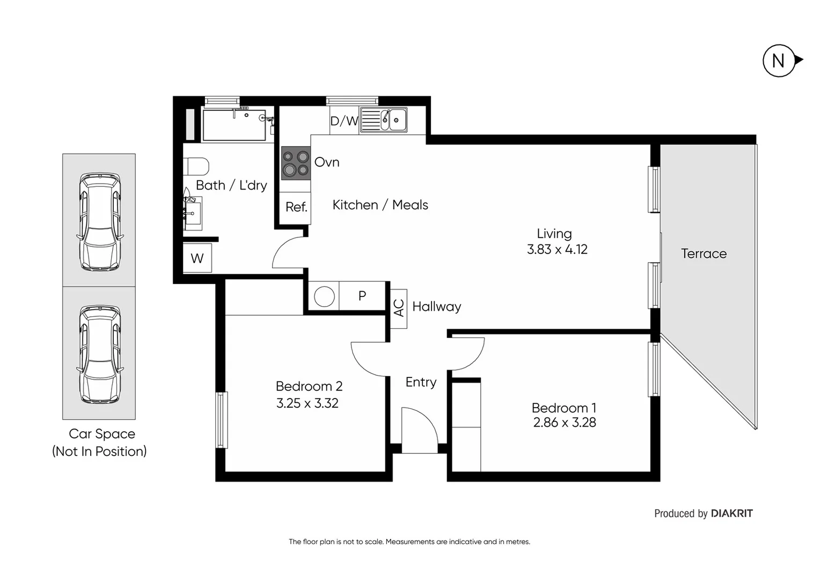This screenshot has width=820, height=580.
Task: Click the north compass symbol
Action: pyautogui.click(x=779, y=61)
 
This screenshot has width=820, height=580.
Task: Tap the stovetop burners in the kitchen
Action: pyautogui.click(x=296, y=163)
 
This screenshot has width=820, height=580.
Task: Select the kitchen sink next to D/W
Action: pyautogui.click(x=384, y=120)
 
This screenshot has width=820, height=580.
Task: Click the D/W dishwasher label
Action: pyautogui.click(x=344, y=121)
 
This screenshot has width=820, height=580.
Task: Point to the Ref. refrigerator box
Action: pyautogui.click(x=296, y=207)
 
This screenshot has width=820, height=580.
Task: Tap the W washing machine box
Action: pyautogui.click(x=197, y=258)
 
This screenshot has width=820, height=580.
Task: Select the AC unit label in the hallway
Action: pyautogui.click(x=399, y=308)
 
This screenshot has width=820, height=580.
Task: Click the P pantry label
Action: pyautogui.click(x=362, y=296)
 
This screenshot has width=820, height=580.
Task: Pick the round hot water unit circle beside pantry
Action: pyautogui.click(x=324, y=296)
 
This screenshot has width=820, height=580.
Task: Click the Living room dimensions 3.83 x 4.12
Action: pyautogui.click(x=557, y=250)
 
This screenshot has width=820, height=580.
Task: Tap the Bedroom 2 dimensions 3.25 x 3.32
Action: pyautogui.click(x=307, y=403)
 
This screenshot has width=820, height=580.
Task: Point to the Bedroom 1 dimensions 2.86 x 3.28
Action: pyautogui.click(x=565, y=423)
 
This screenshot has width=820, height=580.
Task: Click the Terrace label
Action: pyautogui.click(x=704, y=253)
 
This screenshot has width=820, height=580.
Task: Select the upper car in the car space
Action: pyautogui.click(x=99, y=221)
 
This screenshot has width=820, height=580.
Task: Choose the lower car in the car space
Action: pyautogui.click(x=99, y=354)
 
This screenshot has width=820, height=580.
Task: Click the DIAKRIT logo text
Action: pyautogui.click(x=731, y=513)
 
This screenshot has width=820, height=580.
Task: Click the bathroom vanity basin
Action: pyautogui.click(x=192, y=213)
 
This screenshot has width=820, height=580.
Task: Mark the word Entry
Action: pyautogui.click(x=421, y=382)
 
